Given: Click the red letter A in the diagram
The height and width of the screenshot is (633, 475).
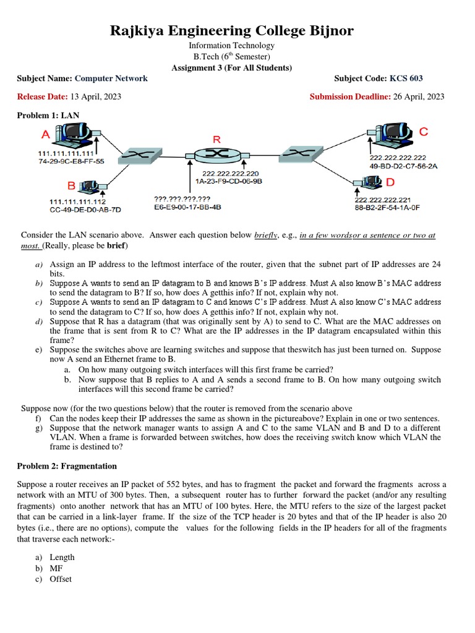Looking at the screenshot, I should pyautogui.click(x=45, y=134).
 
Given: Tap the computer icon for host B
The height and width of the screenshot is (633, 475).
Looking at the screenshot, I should pyautogui.click(x=90, y=185).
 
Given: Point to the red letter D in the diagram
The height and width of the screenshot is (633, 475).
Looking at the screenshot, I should pyautogui.click(x=390, y=182).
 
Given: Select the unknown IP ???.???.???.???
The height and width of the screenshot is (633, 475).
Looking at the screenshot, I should pyautogui.click(x=182, y=199).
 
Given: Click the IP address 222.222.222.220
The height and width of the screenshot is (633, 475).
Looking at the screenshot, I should pyautogui.click(x=230, y=174).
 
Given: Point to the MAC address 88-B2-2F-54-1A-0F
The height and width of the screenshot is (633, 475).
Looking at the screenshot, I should pyautogui.click(x=387, y=208).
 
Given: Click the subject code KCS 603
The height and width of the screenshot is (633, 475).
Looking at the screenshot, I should pyautogui.click(x=406, y=79).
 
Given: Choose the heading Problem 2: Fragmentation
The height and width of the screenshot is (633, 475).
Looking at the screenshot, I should pyautogui.click(x=67, y=465).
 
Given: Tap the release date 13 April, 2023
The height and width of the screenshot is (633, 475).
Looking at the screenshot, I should pyautogui.click(x=95, y=96).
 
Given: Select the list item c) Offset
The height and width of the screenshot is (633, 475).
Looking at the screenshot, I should pyautogui.click(x=58, y=579).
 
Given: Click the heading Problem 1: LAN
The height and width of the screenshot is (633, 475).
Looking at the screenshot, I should pyautogui.click(x=48, y=116).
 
